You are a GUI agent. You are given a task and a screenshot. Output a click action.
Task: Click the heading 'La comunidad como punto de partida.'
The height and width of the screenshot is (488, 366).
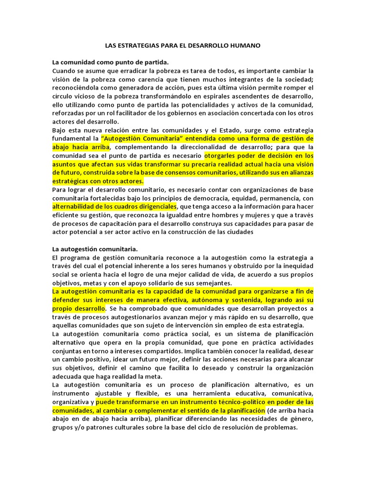pos(111,62)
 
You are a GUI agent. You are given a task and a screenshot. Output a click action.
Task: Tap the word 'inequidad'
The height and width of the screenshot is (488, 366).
pos(298,265)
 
